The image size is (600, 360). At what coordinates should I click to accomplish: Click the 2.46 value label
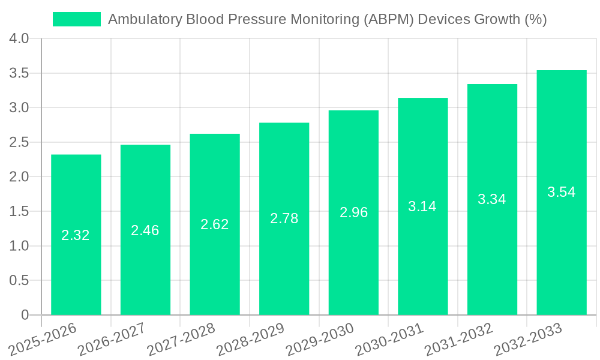145,230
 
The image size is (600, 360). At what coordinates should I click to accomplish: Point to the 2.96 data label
353,212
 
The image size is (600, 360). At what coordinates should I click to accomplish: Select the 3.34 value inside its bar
492,200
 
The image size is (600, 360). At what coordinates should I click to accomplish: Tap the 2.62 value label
215,224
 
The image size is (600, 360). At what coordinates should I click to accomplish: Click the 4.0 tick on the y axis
19,39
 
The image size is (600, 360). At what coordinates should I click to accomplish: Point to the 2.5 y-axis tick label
19,143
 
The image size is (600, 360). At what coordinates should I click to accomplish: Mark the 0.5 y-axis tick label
19,281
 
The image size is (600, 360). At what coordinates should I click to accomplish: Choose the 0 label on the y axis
25,315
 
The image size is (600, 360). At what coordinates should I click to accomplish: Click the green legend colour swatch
77,19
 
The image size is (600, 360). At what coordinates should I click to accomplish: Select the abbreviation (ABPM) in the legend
389,19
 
